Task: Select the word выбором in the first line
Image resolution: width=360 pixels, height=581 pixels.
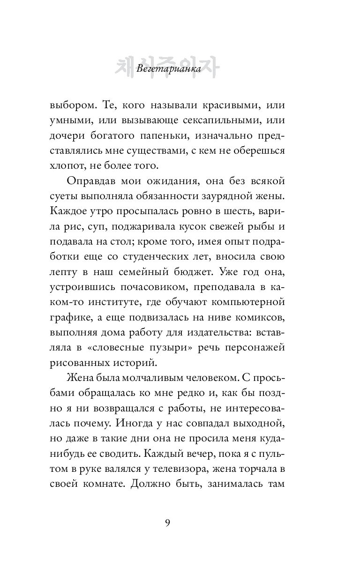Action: click(x=72, y=106)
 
